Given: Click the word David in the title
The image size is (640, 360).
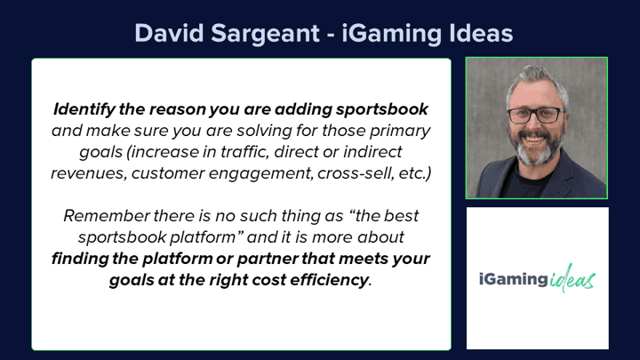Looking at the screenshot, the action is (x=169, y=33).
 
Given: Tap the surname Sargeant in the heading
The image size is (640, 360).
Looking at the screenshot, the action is (x=265, y=34).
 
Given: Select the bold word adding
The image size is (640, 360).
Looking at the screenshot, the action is (x=303, y=109).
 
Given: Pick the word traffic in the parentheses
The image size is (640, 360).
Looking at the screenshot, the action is (x=244, y=151).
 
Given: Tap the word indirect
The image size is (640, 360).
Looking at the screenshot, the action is (x=372, y=151).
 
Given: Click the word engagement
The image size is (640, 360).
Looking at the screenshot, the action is (x=260, y=173).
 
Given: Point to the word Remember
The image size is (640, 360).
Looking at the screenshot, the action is (x=107, y=215).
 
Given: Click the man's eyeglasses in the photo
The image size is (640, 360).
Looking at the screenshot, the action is (x=535, y=115).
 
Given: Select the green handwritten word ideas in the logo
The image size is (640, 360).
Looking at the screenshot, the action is (x=572, y=278).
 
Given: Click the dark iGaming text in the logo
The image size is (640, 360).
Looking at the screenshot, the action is (x=514, y=280).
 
